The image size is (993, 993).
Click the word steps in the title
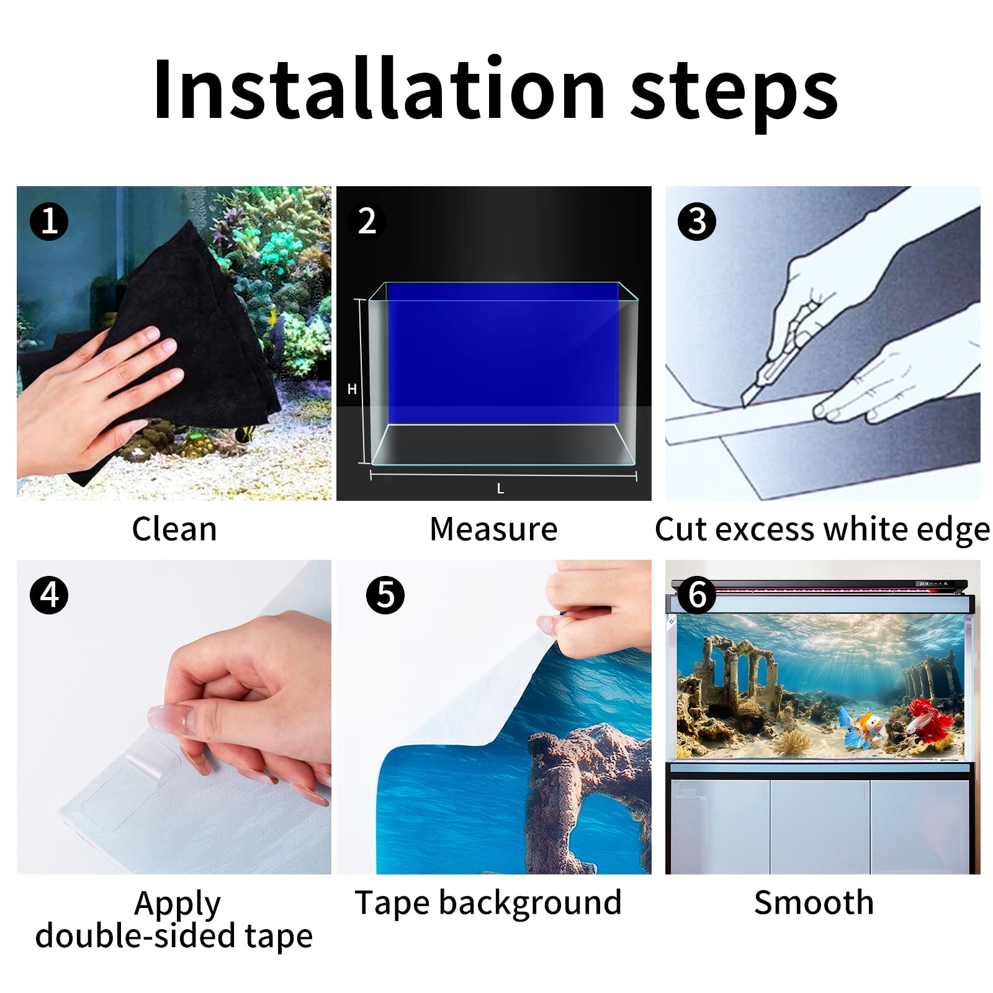(x=734, y=94)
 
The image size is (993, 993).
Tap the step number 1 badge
(x=49, y=222)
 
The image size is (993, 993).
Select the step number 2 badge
(x=367, y=222)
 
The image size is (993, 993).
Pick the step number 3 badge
(x=697, y=222)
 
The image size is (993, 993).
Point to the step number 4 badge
(x=49, y=595)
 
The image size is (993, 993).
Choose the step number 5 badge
(x=385, y=595)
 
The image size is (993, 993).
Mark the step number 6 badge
(x=697, y=595)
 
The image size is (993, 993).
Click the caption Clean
(x=174, y=529)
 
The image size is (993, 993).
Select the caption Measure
(x=493, y=529)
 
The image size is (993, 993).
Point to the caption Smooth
(x=814, y=902)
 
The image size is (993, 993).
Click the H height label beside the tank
(x=352, y=389)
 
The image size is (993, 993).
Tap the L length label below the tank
(x=500, y=489)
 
